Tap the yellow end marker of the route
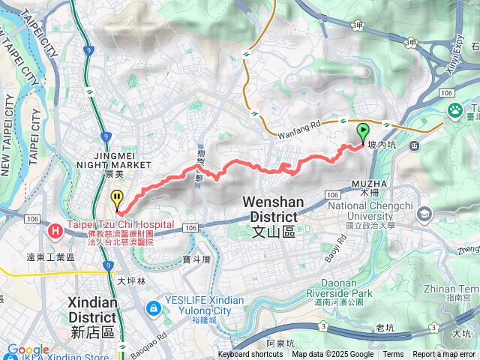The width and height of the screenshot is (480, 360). (x=117, y=199)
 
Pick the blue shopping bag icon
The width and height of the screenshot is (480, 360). (x=153, y=307)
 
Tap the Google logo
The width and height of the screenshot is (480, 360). (x=28, y=349)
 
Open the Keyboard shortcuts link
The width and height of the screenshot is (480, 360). (x=250, y=355)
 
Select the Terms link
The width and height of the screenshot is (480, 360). (x=393, y=355)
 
